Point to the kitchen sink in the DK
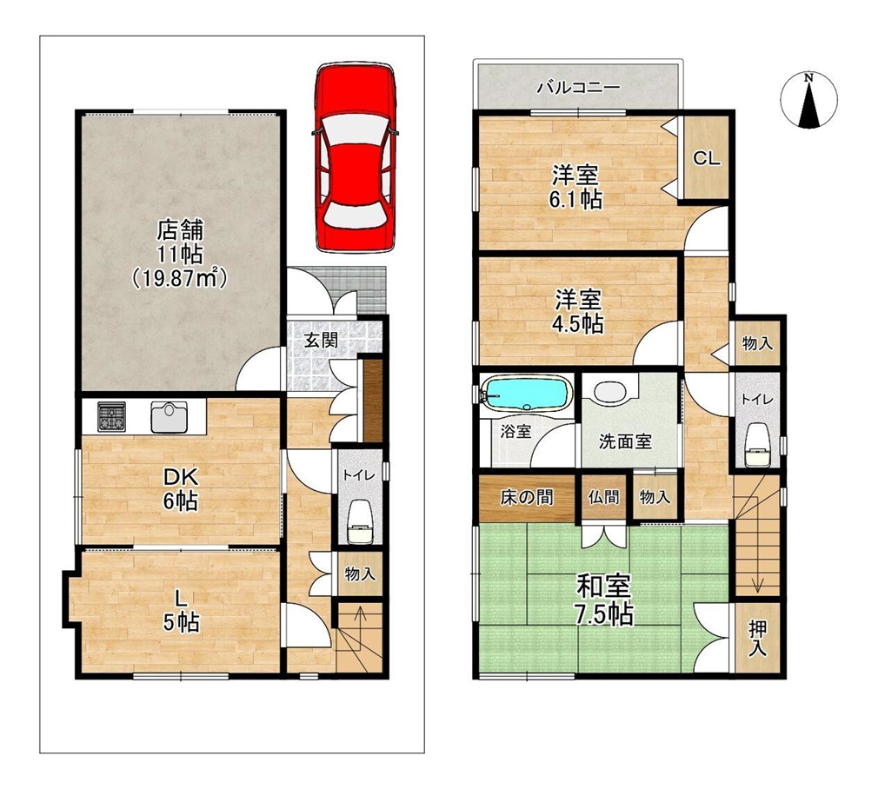click(x=170, y=417)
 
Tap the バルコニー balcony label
click(x=578, y=88)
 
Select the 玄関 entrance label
click(x=322, y=340)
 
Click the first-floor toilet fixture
click(x=360, y=522)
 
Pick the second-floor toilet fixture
click(x=757, y=444)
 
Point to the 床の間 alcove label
click(x=526, y=497)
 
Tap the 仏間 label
click(x=603, y=496)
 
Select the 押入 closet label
click(x=758, y=639)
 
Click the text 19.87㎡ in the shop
click(x=179, y=278)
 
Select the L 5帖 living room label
click(x=180, y=611)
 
